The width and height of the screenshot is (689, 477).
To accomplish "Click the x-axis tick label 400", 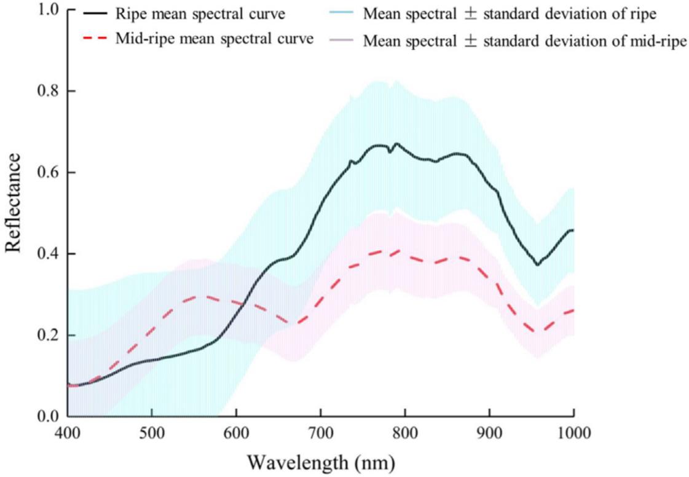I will pos(68,434).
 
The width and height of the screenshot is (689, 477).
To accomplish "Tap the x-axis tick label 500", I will pos(152,434).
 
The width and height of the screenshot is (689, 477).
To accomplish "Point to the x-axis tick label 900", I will pos(489,434).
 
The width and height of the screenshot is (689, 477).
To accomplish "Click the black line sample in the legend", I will pos(90,12).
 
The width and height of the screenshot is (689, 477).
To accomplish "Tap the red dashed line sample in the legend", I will pos(90,38).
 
